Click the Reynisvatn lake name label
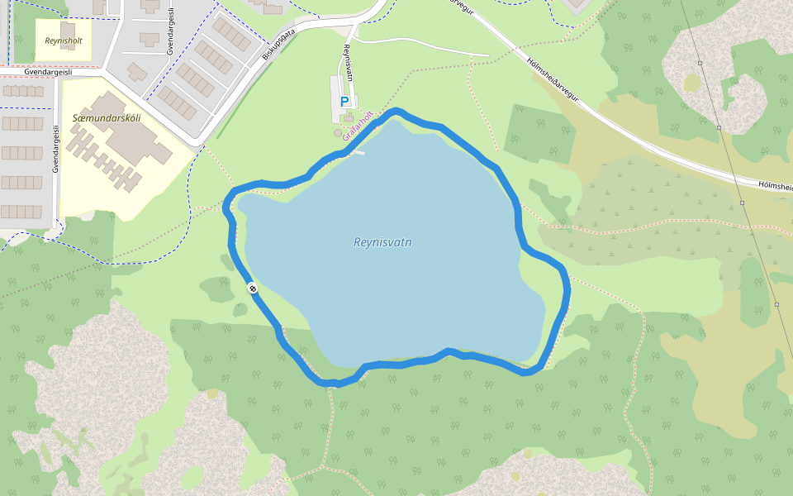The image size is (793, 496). [x=382, y=242]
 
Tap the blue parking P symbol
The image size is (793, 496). [x=344, y=101]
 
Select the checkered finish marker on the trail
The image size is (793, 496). [x=252, y=288]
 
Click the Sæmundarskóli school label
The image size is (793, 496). [x=107, y=118]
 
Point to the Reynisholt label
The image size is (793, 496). [x=63, y=40]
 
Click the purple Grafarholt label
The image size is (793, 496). [x=359, y=125]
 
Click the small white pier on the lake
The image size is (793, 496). [x=358, y=152]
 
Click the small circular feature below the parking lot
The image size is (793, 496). [x=337, y=133]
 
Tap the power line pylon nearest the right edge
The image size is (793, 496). [x=776, y=304]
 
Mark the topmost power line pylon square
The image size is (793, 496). [x=700, y=63]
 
